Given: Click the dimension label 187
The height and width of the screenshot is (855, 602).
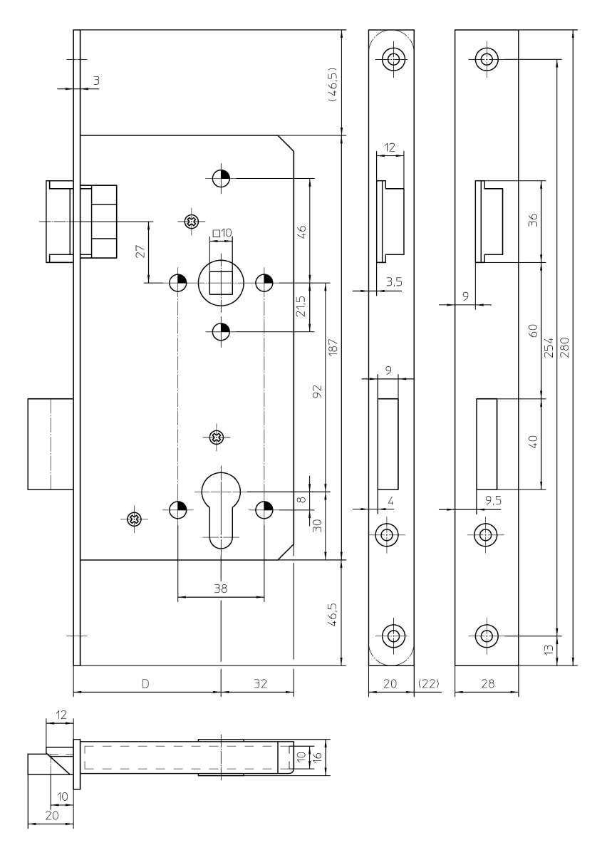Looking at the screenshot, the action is pyautogui.click(x=333, y=348).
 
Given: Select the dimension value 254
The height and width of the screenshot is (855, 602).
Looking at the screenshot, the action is pyautogui.click(x=549, y=348).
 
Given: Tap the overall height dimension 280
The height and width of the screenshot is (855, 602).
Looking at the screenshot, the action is pyautogui.click(x=566, y=348).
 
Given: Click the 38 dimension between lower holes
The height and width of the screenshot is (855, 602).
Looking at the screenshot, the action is pyautogui.click(x=221, y=589).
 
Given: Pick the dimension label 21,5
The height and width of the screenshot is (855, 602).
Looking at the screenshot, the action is pyautogui.click(x=301, y=306).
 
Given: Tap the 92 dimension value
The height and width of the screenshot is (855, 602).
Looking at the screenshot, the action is pyautogui.click(x=317, y=391).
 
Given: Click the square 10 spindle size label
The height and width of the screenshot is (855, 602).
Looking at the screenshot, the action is pyautogui.click(x=222, y=232).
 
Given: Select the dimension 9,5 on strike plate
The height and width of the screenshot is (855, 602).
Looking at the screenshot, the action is pyautogui.click(x=493, y=500).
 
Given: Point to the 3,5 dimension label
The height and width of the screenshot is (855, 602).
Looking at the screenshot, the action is pyautogui.click(x=393, y=282).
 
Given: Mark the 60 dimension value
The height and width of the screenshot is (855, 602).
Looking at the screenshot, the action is pyautogui.click(x=534, y=331).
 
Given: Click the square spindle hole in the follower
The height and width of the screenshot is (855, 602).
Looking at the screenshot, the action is pyautogui.click(x=221, y=282).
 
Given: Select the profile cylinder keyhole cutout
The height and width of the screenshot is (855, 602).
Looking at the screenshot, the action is pyautogui.click(x=221, y=510).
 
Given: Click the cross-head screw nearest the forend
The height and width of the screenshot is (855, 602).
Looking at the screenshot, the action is pyautogui.click(x=135, y=519).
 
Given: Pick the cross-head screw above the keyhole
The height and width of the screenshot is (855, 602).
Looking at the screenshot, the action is pyautogui.click(x=217, y=437).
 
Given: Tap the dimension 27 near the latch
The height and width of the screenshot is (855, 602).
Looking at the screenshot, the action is pyautogui.click(x=140, y=252).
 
